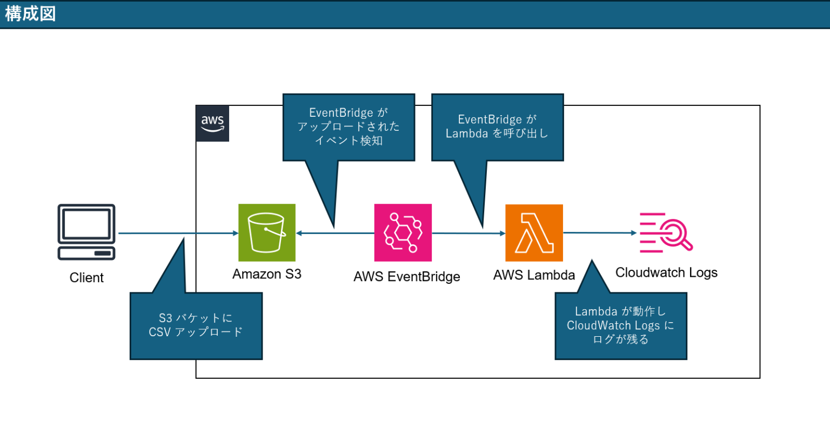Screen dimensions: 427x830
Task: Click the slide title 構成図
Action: (30, 14)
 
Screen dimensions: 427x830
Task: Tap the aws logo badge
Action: (212, 124)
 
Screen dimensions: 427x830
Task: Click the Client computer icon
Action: (86, 232)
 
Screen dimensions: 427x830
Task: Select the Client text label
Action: (86, 278)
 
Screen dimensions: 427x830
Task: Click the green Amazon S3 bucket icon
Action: (267, 232)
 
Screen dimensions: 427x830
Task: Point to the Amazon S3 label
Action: (267, 274)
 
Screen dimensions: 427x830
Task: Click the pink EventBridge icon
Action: (403, 232)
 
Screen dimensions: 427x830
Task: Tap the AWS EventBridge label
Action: (407, 277)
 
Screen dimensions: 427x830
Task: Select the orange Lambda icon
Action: (534, 233)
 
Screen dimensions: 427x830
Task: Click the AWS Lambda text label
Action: (534, 275)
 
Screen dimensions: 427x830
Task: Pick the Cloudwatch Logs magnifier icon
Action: (666, 232)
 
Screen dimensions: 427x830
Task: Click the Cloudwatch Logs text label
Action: (666, 272)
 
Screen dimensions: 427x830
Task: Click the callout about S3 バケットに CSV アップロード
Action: (196, 325)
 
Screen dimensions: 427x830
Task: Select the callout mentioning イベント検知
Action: (349, 127)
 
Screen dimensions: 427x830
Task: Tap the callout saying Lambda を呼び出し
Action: (497, 127)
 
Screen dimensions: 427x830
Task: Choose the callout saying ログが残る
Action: (621, 326)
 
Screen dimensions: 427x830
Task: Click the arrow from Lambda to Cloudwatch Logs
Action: (600, 233)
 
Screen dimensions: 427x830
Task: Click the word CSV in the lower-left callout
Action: (159, 332)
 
